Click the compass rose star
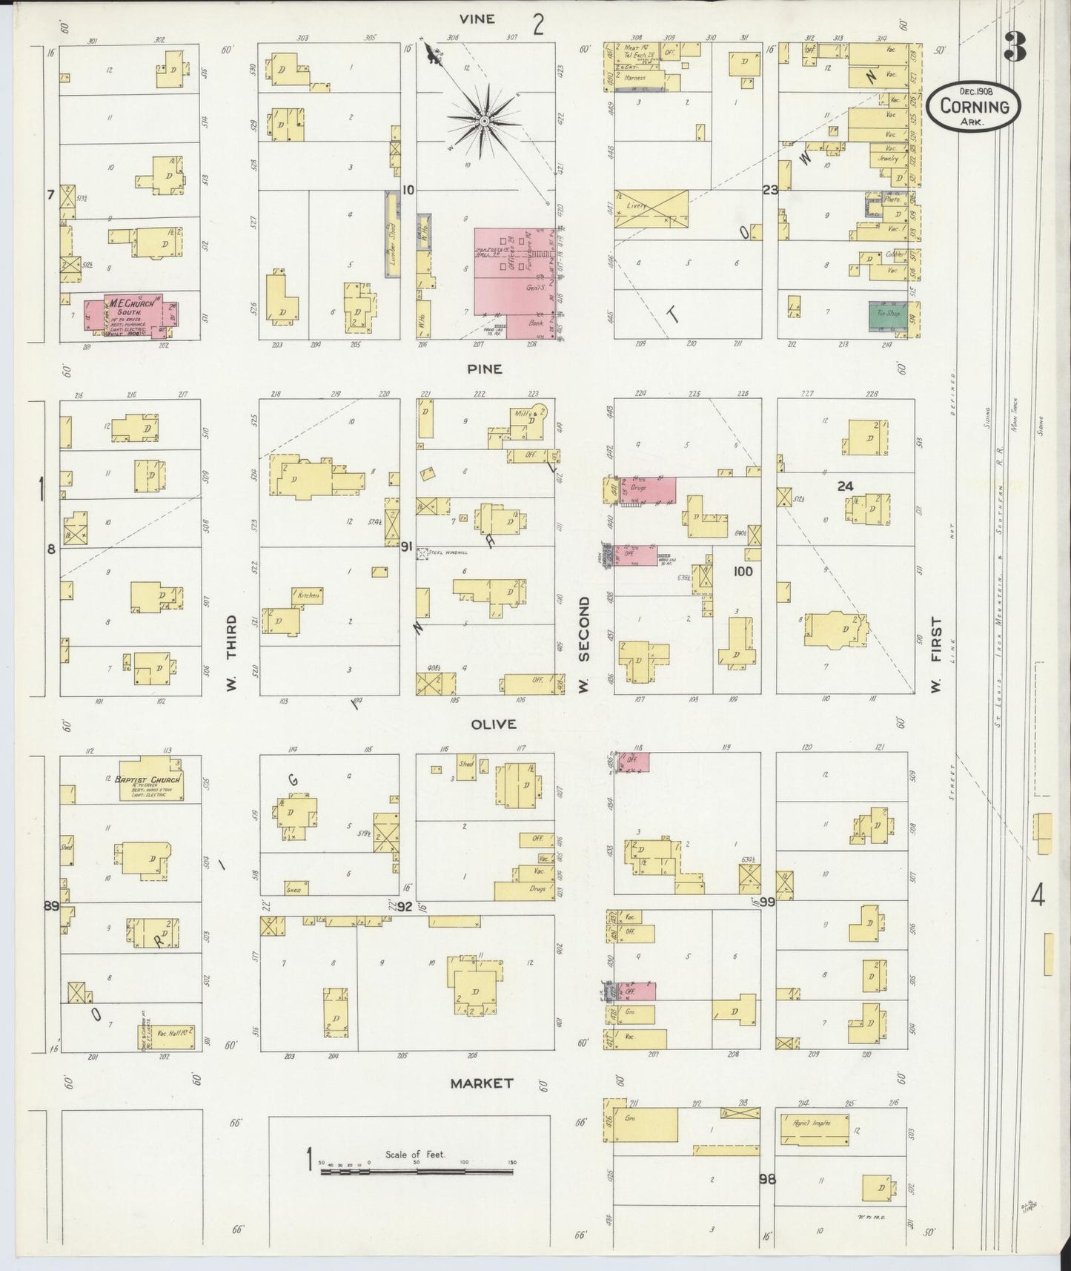[x=483, y=119]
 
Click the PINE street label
[x=484, y=369]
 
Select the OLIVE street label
[x=494, y=724]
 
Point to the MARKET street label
[x=483, y=1083]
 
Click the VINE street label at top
[x=477, y=19]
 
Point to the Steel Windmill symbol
[x=423, y=553]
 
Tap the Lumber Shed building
[x=389, y=234]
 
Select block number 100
[x=743, y=571]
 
